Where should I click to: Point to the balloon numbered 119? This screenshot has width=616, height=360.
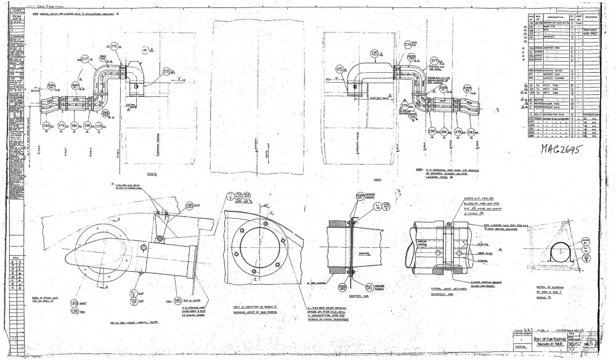73,303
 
